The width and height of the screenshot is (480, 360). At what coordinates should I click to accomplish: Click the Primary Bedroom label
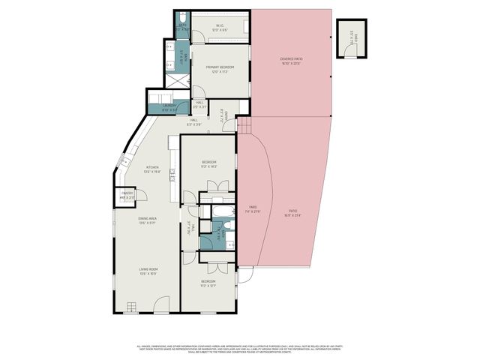pos(220,69)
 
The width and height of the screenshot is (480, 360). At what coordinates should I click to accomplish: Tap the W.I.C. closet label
pos(220,28)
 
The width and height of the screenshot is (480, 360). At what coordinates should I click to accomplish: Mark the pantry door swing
pos(140,196)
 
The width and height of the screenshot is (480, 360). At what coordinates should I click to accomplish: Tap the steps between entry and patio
pos(243,125)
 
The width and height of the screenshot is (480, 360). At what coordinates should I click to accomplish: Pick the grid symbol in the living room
pos(132,307)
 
